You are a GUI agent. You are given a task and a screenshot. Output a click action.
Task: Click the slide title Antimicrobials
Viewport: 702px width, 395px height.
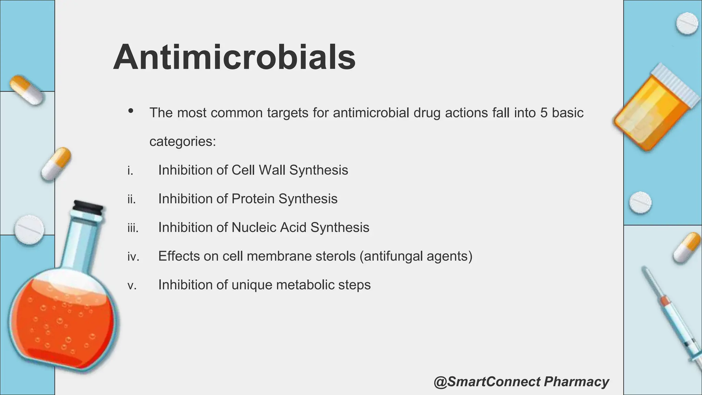[x=234, y=57]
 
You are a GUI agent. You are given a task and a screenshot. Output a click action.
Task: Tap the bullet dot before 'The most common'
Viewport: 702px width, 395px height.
[x=131, y=111]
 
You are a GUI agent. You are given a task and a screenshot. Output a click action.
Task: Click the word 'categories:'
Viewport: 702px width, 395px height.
[x=183, y=141]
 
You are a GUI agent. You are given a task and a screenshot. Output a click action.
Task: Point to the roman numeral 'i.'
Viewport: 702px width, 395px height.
[x=130, y=170]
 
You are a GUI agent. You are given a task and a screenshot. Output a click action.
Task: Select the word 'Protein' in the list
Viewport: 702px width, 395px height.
[x=253, y=199]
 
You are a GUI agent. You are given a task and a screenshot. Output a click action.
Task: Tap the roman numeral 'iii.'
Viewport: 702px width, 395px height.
[x=133, y=228]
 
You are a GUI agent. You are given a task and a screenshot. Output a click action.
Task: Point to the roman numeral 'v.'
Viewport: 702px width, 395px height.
[x=132, y=285]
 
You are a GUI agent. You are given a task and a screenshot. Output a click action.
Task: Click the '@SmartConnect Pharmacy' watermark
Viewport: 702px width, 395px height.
[x=521, y=382]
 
